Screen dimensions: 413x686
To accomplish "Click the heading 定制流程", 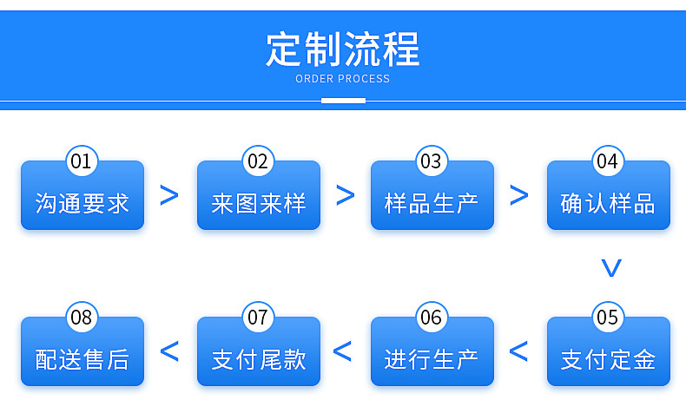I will tap(343, 49).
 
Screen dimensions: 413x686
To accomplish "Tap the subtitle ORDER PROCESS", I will tap(343, 79).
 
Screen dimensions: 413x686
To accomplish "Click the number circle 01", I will tap(82, 161).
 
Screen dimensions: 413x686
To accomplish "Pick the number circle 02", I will tap(258, 161).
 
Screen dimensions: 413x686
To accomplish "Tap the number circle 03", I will tap(431, 161).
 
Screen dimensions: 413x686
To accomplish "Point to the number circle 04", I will tap(607, 161).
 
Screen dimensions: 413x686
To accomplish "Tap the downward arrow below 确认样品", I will tap(611, 268).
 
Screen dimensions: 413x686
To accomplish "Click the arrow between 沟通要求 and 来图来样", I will tap(169, 195).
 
